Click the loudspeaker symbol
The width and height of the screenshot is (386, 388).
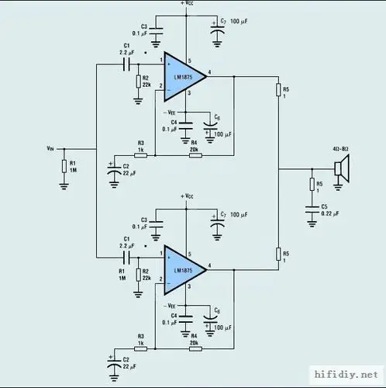click(339, 168)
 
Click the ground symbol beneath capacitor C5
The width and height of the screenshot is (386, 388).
click(311, 223)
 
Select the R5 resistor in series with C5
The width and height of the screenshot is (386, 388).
click(311, 185)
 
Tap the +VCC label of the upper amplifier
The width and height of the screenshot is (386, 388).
click(187, 4)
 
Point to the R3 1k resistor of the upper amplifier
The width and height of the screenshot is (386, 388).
click(140, 155)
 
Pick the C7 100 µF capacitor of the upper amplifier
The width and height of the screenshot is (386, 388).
click(216, 29)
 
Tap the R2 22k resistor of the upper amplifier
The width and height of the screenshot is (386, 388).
click(136, 81)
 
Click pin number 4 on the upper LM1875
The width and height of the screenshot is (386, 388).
click(210, 72)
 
